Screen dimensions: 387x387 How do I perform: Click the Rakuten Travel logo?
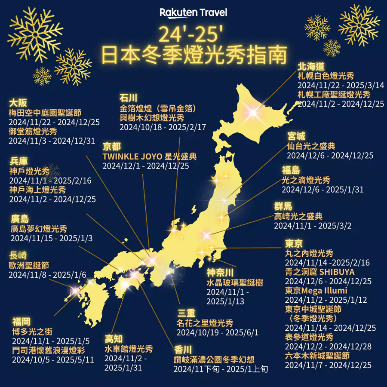tap(193, 12)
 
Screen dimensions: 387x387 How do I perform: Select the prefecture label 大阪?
tap(18, 103)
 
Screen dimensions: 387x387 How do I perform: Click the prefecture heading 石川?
tap(128, 97)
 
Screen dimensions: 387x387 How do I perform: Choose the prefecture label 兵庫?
tap(18, 162)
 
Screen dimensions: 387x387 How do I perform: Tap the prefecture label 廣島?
tap(19, 219)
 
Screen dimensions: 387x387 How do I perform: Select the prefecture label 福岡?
tap(21, 321)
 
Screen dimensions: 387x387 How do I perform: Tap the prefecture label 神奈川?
tap(220, 273)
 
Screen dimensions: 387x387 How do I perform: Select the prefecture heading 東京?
tap(294, 243)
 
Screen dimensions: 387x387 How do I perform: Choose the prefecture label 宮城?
tap(296, 136)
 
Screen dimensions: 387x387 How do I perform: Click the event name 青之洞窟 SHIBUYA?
tap(313, 272)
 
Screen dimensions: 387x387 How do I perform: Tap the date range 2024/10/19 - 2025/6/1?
tap(218, 332)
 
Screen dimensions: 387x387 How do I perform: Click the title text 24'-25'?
tap(193, 34)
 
